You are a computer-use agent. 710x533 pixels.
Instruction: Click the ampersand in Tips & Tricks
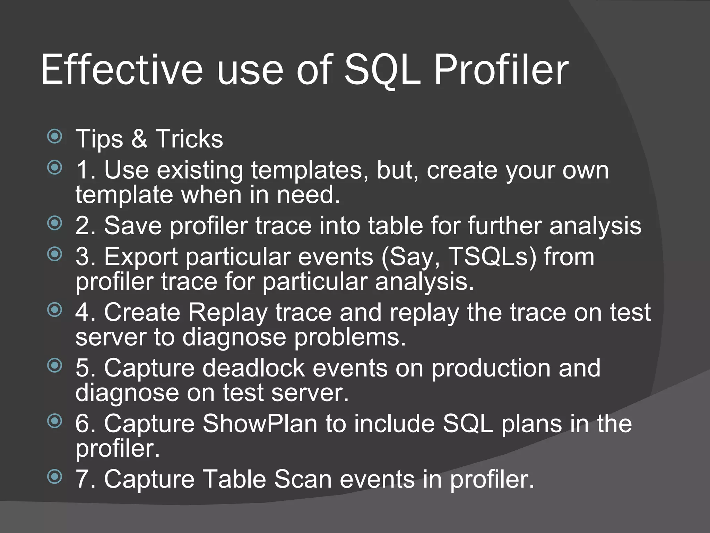139,138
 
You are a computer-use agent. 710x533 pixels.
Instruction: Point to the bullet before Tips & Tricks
54,136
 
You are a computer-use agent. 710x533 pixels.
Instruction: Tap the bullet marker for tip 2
54,223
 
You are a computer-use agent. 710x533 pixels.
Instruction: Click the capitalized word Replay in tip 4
227,312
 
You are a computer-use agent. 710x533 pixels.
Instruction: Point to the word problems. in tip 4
350,337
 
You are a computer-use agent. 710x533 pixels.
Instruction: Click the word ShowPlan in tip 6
260,424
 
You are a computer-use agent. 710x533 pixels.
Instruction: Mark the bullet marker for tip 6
54,421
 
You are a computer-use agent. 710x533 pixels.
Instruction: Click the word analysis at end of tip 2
595,226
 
